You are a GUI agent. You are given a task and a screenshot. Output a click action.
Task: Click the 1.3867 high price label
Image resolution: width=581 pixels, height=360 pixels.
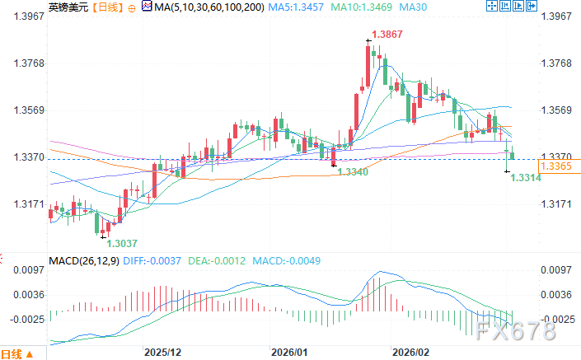[388, 34]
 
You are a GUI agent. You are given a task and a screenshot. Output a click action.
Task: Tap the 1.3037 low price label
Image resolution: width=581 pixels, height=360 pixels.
[121, 242]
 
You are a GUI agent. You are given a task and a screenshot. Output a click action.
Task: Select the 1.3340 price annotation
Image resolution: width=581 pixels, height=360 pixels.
[354, 171]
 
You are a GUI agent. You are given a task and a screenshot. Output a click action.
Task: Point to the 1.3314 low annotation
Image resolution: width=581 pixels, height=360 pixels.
[526, 177]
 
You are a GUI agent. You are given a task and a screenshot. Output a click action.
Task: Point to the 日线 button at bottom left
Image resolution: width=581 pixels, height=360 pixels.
[16, 354]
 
